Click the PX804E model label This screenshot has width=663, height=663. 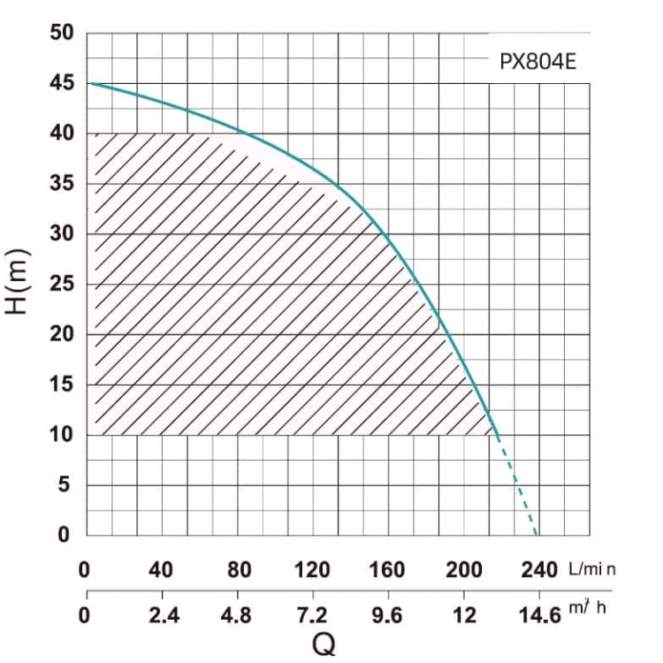tap(537, 62)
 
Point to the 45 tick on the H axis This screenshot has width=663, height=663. tap(62, 83)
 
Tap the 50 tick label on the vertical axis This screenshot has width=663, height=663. tap(62, 33)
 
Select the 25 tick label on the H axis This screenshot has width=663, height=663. tap(62, 284)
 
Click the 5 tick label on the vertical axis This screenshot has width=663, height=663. tap(64, 484)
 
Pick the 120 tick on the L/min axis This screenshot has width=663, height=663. tap(312, 570)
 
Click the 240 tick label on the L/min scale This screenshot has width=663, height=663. tap(539, 570)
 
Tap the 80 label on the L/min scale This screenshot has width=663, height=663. tap(240, 570)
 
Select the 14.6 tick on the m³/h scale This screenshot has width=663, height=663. tap(539, 615)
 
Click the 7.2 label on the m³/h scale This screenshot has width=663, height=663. tap(312, 615)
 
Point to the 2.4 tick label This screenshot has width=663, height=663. tap(164, 615)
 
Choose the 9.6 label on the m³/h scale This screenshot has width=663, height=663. tap(387, 615)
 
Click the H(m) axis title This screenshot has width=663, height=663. tap(17, 283)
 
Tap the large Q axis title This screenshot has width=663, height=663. tap(324, 644)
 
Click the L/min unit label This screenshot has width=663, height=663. tap(592, 569)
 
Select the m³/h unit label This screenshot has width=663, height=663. tap(587, 607)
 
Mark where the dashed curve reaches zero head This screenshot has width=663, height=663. tap(537, 536)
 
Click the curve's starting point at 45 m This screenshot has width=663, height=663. tap(89, 83)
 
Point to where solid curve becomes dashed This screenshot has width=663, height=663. tap(498, 438)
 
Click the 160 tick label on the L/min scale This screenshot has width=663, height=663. tap(387, 570)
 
